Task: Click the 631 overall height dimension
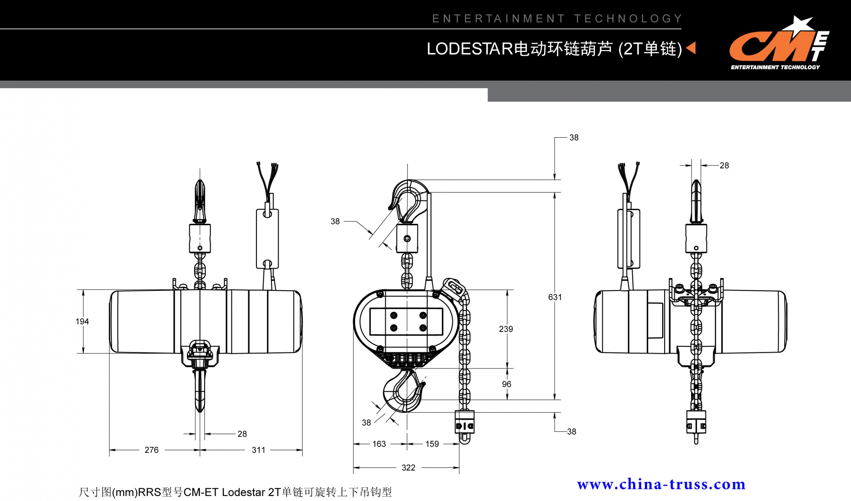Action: click(555, 297)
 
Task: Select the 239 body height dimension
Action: click(506, 329)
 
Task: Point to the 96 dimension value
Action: click(507, 384)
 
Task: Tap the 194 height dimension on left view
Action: click(82, 322)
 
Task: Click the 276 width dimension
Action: click(151, 450)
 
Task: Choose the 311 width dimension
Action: click(258, 450)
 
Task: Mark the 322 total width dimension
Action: click(408, 468)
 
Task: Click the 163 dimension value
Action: click(379, 444)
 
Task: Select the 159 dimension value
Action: click(432, 444)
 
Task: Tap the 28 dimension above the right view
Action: click(724, 166)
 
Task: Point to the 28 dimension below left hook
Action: click(242, 434)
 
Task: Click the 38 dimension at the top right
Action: click(574, 138)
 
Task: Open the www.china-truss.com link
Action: click(661, 484)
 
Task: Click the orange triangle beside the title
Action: click(691, 48)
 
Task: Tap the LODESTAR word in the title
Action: click(470, 49)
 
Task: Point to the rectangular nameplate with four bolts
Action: click(406, 322)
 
